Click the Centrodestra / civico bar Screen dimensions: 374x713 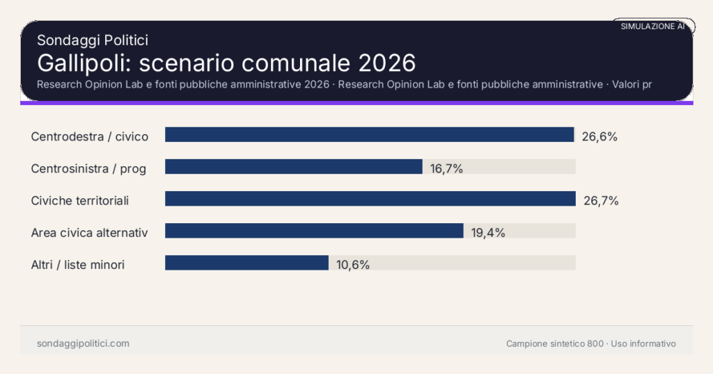point(369,135)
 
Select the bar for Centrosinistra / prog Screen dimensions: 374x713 point(293,167)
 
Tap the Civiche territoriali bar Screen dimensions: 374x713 point(370,199)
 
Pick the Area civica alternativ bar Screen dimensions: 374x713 point(314,231)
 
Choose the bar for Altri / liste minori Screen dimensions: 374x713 point(246,263)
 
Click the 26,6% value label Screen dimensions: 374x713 point(600,136)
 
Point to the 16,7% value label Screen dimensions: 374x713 point(446,168)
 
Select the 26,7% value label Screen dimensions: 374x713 point(601,200)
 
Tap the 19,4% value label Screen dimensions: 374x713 point(487,232)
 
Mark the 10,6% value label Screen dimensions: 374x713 point(352,264)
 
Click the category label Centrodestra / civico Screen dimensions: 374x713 point(90,136)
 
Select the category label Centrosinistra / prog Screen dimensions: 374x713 point(88,168)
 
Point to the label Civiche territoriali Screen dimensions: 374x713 point(80,200)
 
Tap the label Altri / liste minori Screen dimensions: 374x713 point(78,264)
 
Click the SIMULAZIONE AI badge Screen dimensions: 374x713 point(653,26)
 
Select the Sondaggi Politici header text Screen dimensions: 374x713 point(92,40)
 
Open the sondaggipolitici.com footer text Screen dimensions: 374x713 point(83,343)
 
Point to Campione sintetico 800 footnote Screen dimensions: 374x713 point(555,343)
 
